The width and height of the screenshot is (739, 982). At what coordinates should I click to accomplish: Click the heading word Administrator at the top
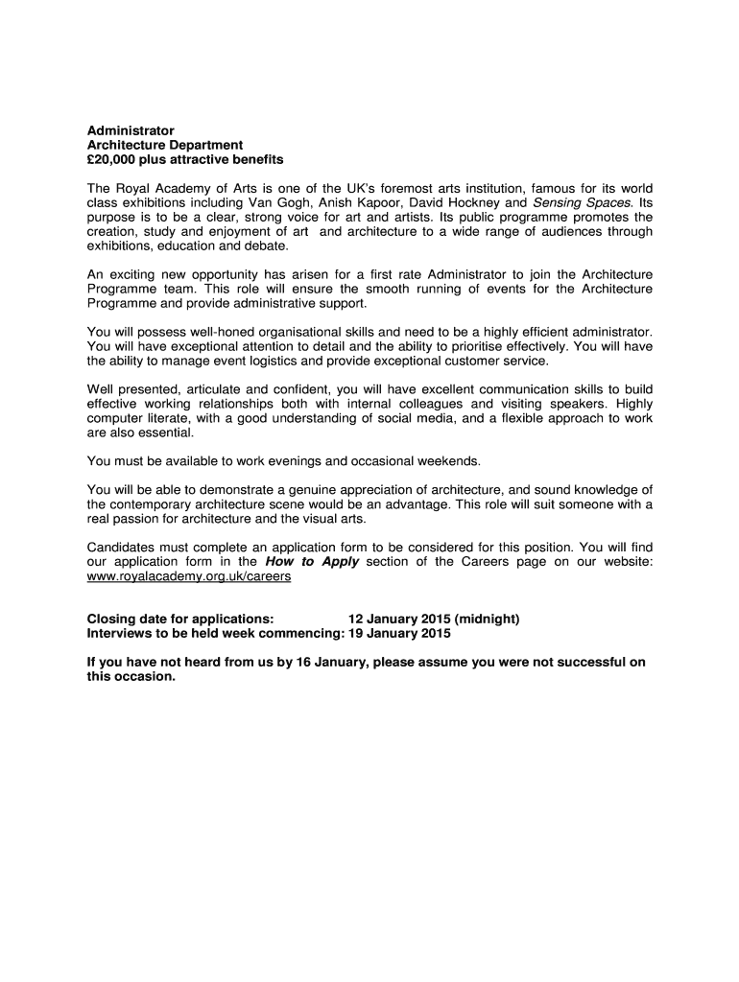131,129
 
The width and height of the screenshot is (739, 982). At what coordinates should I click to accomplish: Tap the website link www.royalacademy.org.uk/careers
188,576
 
